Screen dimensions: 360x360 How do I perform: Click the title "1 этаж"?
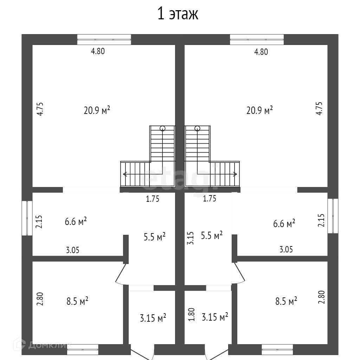click(x=178, y=14)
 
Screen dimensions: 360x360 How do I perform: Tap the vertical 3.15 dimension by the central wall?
click(x=190, y=238)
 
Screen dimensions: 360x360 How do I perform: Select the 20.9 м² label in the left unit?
click(x=97, y=110)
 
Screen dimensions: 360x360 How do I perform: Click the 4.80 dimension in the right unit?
click(x=261, y=52)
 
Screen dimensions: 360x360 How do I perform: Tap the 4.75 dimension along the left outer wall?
click(x=41, y=109)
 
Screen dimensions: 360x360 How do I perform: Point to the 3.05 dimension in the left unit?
click(x=73, y=250)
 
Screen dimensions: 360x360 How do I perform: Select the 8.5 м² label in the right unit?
click(x=286, y=301)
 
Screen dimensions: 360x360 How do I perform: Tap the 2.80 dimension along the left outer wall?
click(x=41, y=299)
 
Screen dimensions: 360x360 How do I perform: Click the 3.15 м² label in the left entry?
click(x=153, y=319)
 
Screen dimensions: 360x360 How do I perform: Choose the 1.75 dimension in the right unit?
click(x=210, y=199)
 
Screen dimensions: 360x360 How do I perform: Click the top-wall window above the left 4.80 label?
click(x=104, y=39)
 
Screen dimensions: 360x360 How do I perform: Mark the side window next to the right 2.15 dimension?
click(x=333, y=216)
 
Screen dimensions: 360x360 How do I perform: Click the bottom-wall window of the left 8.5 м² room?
click(x=83, y=349)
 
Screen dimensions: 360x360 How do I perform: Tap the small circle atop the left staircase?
click(x=162, y=129)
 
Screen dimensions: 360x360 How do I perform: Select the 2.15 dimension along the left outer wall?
click(x=39, y=222)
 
